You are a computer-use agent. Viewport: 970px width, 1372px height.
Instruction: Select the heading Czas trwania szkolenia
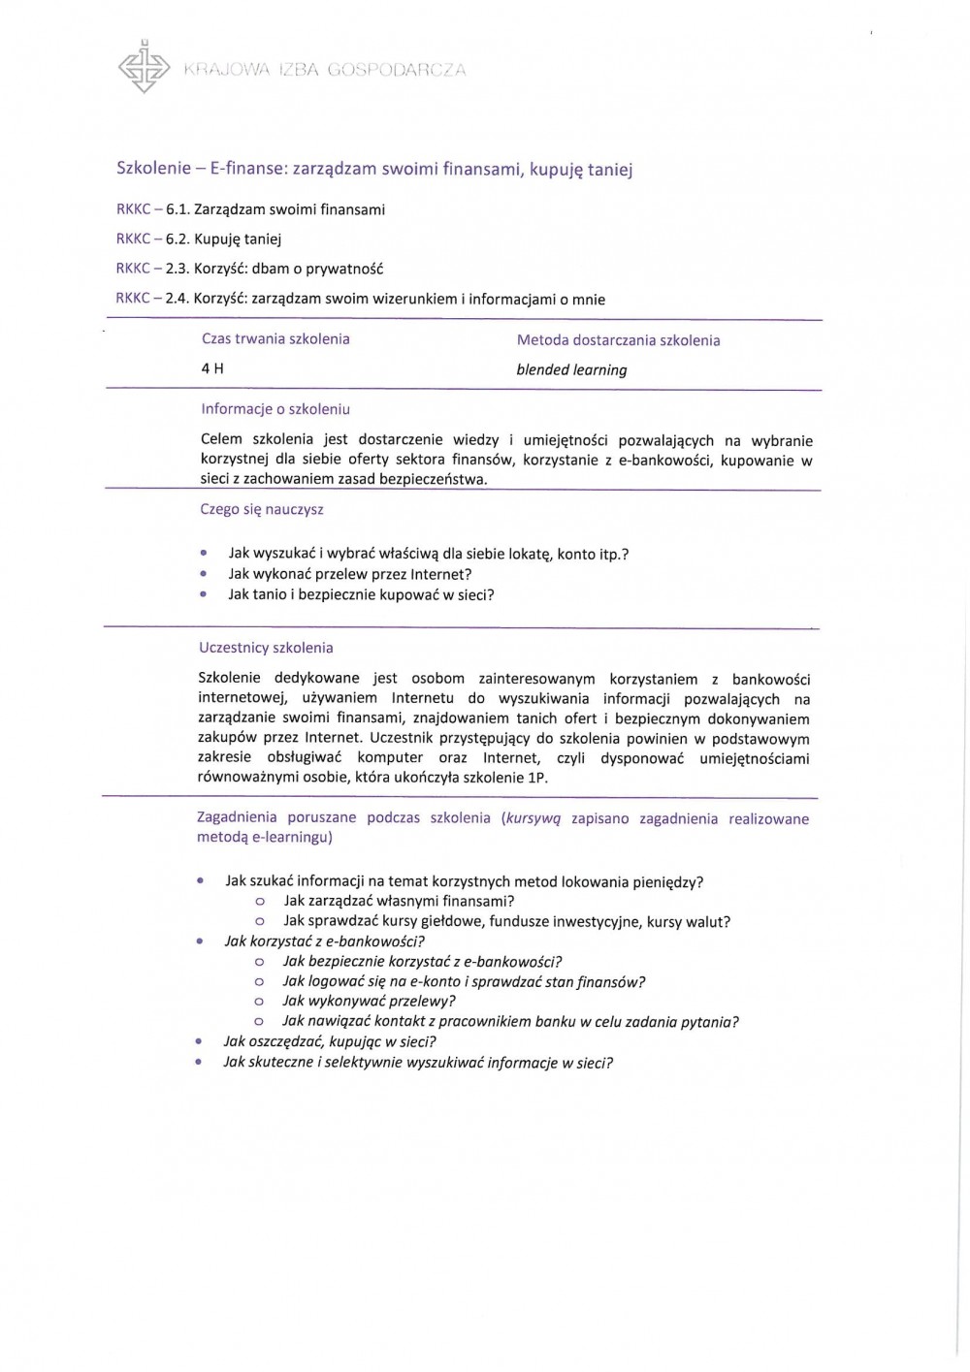pyautogui.click(x=275, y=339)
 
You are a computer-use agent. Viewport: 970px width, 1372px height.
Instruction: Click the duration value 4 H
pyautogui.click(x=212, y=368)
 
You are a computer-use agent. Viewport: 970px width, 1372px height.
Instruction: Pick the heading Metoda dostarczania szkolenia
pyautogui.click(x=618, y=340)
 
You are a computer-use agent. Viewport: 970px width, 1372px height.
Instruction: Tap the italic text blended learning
pyautogui.click(x=571, y=369)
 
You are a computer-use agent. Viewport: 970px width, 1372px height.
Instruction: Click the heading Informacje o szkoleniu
pyautogui.click(x=275, y=409)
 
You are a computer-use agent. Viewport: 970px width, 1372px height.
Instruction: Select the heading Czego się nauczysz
pyautogui.click(x=262, y=509)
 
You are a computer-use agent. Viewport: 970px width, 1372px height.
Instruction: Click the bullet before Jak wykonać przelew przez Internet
pyautogui.click(x=203, y=574)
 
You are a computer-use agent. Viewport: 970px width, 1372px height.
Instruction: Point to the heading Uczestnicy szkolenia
pyautogui.click(x=266, y=648)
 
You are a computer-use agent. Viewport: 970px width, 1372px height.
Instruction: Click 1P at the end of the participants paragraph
pyautogui.click(x=537, y=778)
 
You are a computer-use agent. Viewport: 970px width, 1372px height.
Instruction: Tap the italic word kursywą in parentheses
pyautogui.click(x=533, y=817)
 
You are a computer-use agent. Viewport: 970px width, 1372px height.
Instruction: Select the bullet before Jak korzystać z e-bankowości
pyautogui.click(x=199, y=941)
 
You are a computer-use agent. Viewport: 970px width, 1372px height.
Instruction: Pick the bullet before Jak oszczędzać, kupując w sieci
pyautogui.click(x=198, y=1041)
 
